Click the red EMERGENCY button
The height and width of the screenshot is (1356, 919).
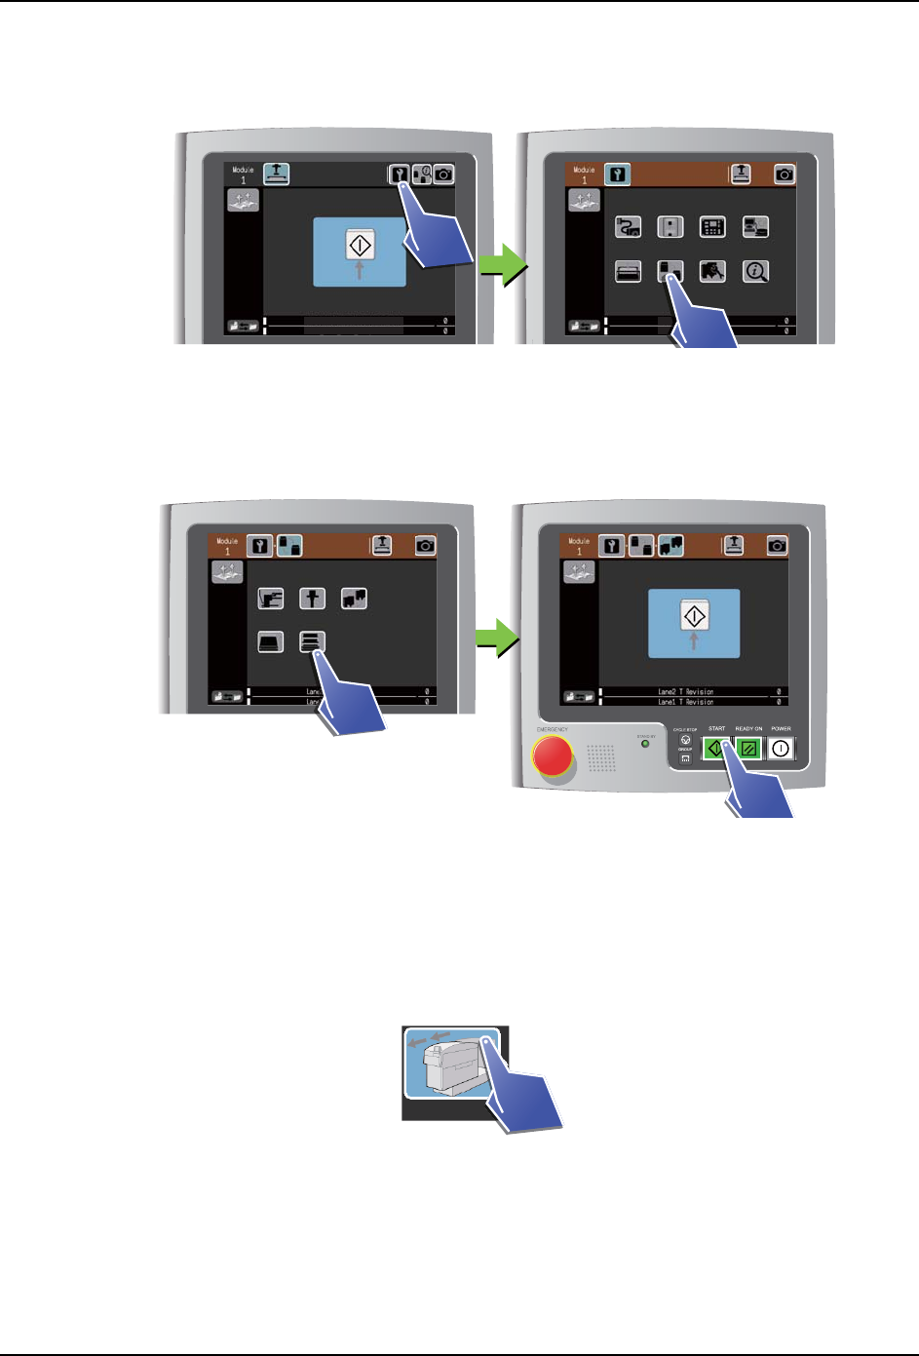(x=553, y=755)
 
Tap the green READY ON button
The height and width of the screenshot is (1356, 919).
(x=748, y=749)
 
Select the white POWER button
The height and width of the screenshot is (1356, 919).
(x=781, y=749)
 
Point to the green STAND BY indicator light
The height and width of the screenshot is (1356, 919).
(x=645, y=744)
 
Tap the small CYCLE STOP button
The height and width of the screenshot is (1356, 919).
(x=685, y=740)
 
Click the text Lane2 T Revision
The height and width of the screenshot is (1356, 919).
(x=685, y=691)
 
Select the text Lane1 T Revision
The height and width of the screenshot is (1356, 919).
(x=685, y=702)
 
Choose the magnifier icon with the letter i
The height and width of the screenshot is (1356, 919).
(x=755, y=271)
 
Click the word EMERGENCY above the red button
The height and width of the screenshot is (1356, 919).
(x=552, y=729)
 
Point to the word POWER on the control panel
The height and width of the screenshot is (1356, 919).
(x=781, y=728)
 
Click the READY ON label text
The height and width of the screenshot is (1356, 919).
(x=748, y=728)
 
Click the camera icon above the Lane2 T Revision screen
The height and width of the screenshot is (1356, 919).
(x=777, y=546)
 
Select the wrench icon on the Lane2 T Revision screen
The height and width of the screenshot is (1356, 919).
(x=611, y=546)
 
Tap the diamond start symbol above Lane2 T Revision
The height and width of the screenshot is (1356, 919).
(x=694, y=616)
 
